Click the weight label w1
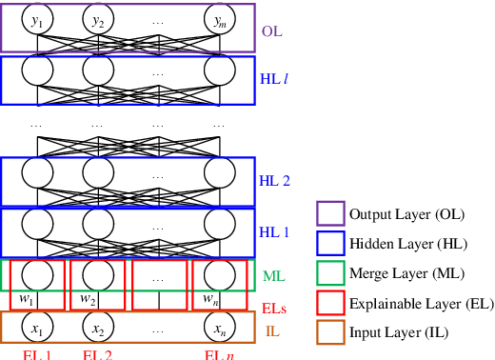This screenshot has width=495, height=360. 28,300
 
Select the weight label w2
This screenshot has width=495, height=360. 88,300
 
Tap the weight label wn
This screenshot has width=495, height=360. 209,300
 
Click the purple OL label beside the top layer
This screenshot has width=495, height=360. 272,30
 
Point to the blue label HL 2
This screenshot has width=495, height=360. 275,180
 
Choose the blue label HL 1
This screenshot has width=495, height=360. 275,231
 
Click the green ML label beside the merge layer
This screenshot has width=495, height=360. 273,277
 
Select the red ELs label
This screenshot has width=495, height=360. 274,308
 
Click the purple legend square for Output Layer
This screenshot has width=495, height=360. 329,214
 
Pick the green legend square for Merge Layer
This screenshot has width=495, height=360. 329,273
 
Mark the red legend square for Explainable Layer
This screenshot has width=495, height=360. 329,303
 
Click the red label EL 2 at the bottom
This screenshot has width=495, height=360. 98,355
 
